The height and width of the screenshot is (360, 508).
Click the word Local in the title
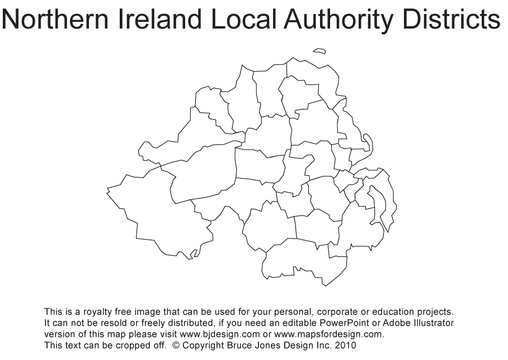(x=244, y=20)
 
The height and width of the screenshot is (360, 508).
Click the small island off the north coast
(x=319, y=52)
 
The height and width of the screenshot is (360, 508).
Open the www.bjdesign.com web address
(x=219, y=334)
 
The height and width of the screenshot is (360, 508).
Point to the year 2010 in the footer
(x=345, y=345)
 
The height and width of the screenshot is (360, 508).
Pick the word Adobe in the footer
(x=396, y=323)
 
